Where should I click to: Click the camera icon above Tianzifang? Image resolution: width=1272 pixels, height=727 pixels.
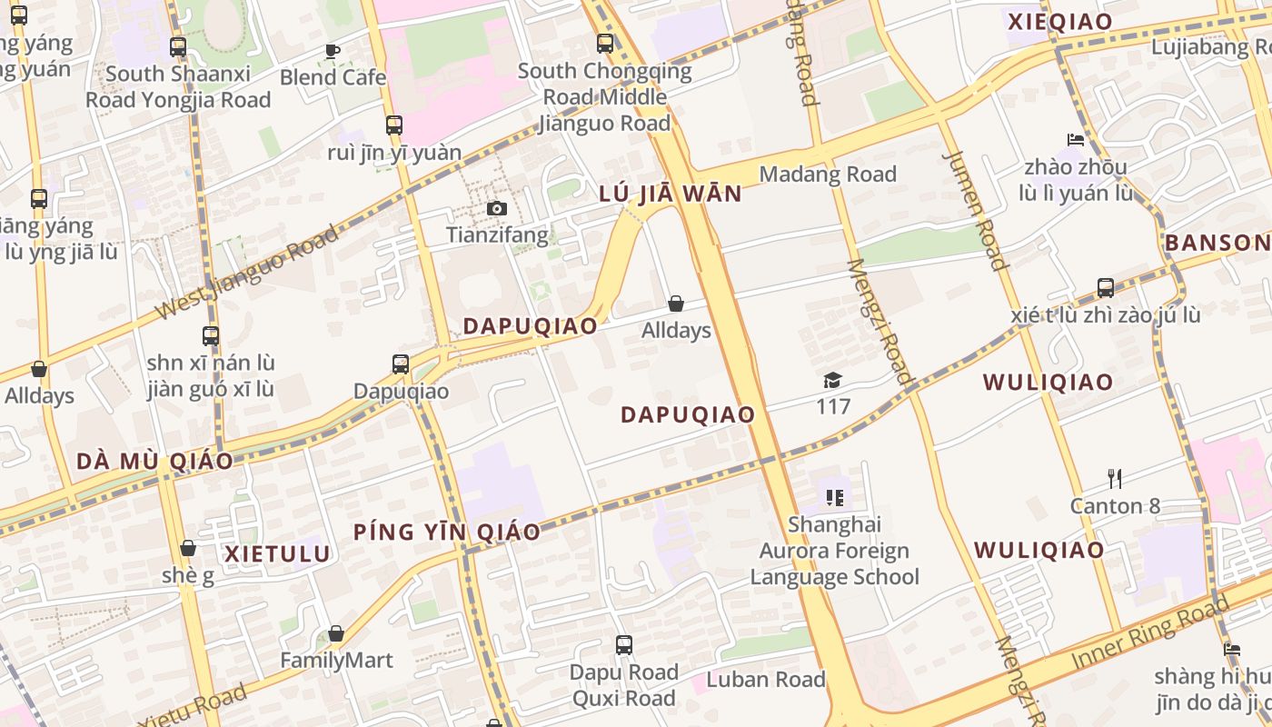tap(496, 208)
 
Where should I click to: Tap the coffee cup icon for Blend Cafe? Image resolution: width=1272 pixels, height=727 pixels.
tap(333, 51)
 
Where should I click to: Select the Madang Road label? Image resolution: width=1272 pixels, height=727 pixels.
tap(827, 174)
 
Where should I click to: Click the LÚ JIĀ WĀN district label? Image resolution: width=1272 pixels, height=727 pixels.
tap(671, 194)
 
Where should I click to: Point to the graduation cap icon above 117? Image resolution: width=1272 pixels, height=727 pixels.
tap(832, 380)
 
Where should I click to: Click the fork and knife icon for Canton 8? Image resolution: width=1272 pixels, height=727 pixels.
tap(1115, 478)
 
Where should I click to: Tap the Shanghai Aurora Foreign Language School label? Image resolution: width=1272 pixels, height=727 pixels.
tap(834, 551)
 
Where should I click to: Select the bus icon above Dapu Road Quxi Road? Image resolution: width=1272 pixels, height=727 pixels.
tap(623, 645)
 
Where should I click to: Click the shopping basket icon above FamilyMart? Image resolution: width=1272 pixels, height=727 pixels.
tap(336, 633)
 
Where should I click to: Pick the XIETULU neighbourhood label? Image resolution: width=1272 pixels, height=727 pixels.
tap(277, 553)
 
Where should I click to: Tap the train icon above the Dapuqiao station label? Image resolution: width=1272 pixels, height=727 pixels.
tap(401, 364)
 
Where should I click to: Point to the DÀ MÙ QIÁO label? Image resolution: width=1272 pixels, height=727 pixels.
tap(154, 461)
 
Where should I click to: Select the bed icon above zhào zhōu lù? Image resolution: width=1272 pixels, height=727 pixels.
tap(1076, 140)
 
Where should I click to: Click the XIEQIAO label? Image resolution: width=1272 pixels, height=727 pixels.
tap(1059, 22)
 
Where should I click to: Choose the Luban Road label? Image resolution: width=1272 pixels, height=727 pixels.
tap(765, 680)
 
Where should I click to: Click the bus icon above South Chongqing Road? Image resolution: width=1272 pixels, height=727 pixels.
tap(604, 43)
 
